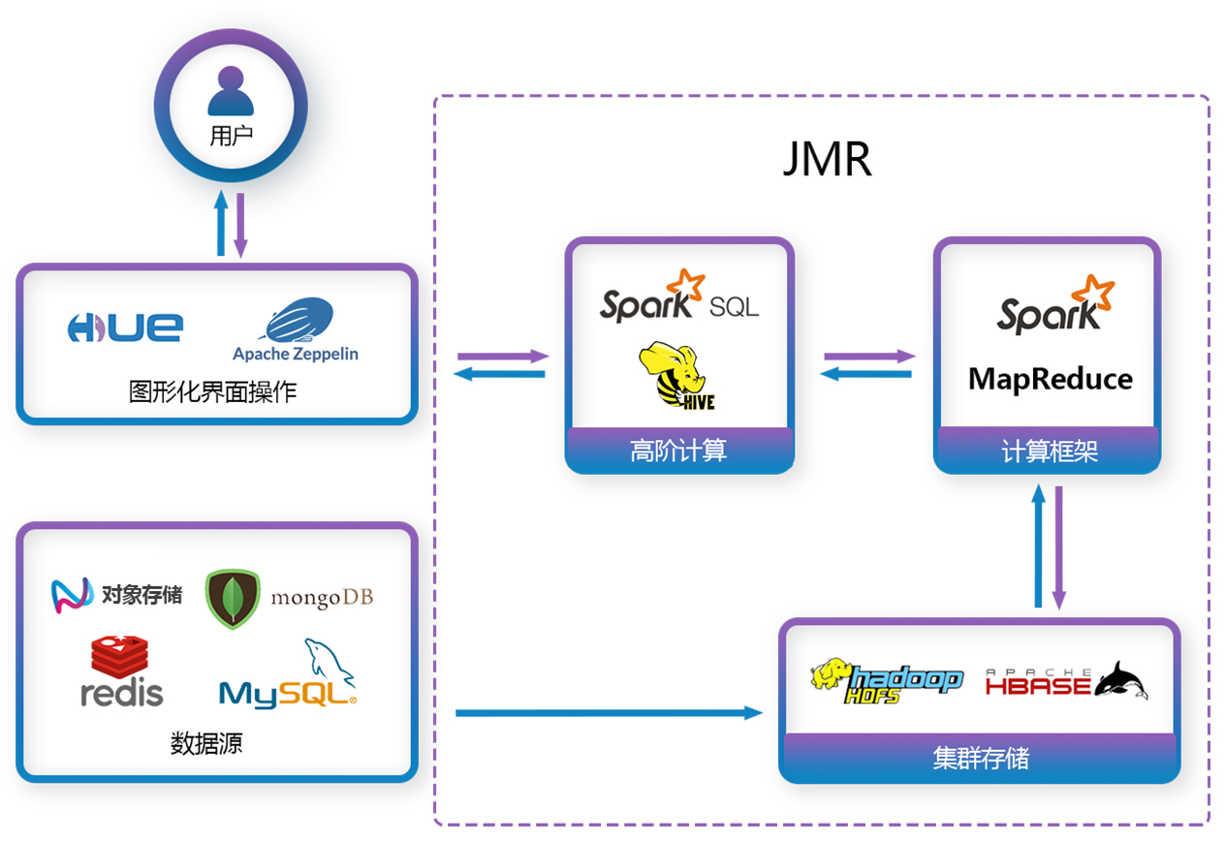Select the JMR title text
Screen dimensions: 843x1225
coord(827,160)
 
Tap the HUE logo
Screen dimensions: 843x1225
coord(125,328)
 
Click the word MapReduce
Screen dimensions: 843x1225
coord(1050,378)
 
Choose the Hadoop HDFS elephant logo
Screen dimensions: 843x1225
coord(886,680)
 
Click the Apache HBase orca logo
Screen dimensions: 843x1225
coord(1066,681)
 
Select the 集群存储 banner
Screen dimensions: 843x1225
coord(980,758)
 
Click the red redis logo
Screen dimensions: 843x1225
coord(121,671)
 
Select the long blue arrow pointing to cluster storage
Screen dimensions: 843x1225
coord(609,713)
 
